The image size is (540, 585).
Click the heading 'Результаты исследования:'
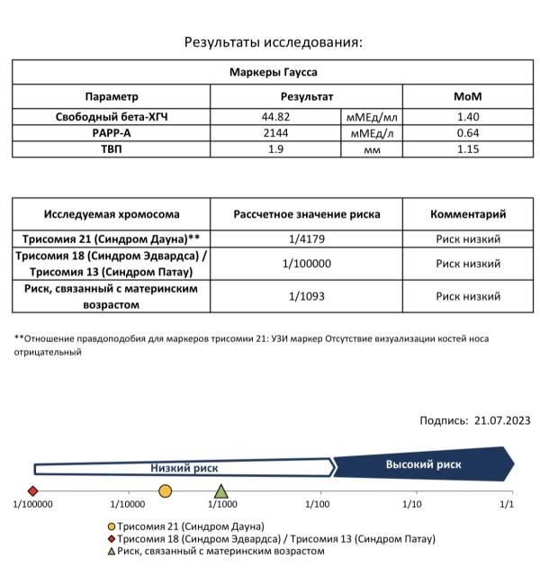coord(273,41)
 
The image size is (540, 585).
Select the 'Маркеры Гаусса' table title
coord(273,71)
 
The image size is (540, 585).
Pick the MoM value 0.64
coord(468,132)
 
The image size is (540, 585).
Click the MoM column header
coord(468,96)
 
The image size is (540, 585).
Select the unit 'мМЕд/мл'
coord(372,117)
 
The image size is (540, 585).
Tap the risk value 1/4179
coord(307,239)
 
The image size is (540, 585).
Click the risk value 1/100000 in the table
coord(307,264)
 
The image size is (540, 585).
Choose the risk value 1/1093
coord(307,295)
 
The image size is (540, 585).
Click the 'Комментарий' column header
coord(468,214)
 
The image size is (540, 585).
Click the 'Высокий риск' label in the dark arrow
coord(423,464)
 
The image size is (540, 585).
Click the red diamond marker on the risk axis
coord(33,491)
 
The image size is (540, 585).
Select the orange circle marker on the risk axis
coord(165,491)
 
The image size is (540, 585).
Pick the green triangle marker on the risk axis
coord(221,491)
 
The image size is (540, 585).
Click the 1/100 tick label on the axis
coord(316,504)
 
